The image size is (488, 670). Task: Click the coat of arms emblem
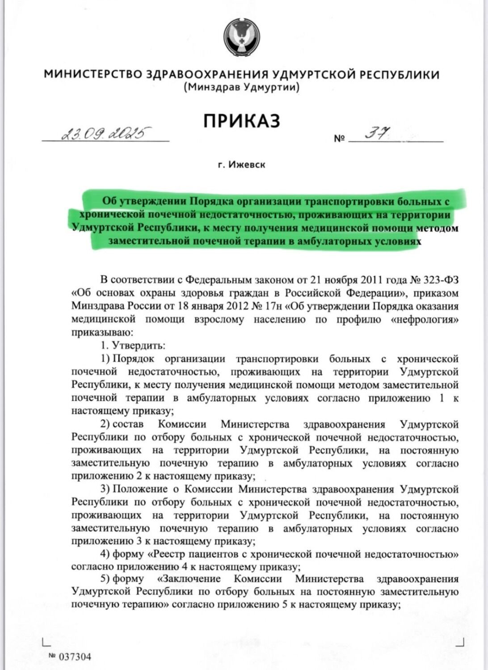click(x=242, y=38)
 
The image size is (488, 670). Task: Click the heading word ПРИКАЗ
click(x=242, y=121)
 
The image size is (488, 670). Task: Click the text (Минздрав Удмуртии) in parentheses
click(x=241, y=88)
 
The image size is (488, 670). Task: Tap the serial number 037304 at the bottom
click(x=75, y=657)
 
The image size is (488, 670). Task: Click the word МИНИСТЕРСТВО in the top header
click(x=93, y=74)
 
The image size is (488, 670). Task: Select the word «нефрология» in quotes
click(x=425, y=319)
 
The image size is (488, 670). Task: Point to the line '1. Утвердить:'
click(x=133, y=345)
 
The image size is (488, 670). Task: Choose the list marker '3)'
click(x=105, y=489)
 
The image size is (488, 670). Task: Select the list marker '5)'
click(x=105, y=579)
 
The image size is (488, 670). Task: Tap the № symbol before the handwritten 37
click(x=340, y=138)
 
